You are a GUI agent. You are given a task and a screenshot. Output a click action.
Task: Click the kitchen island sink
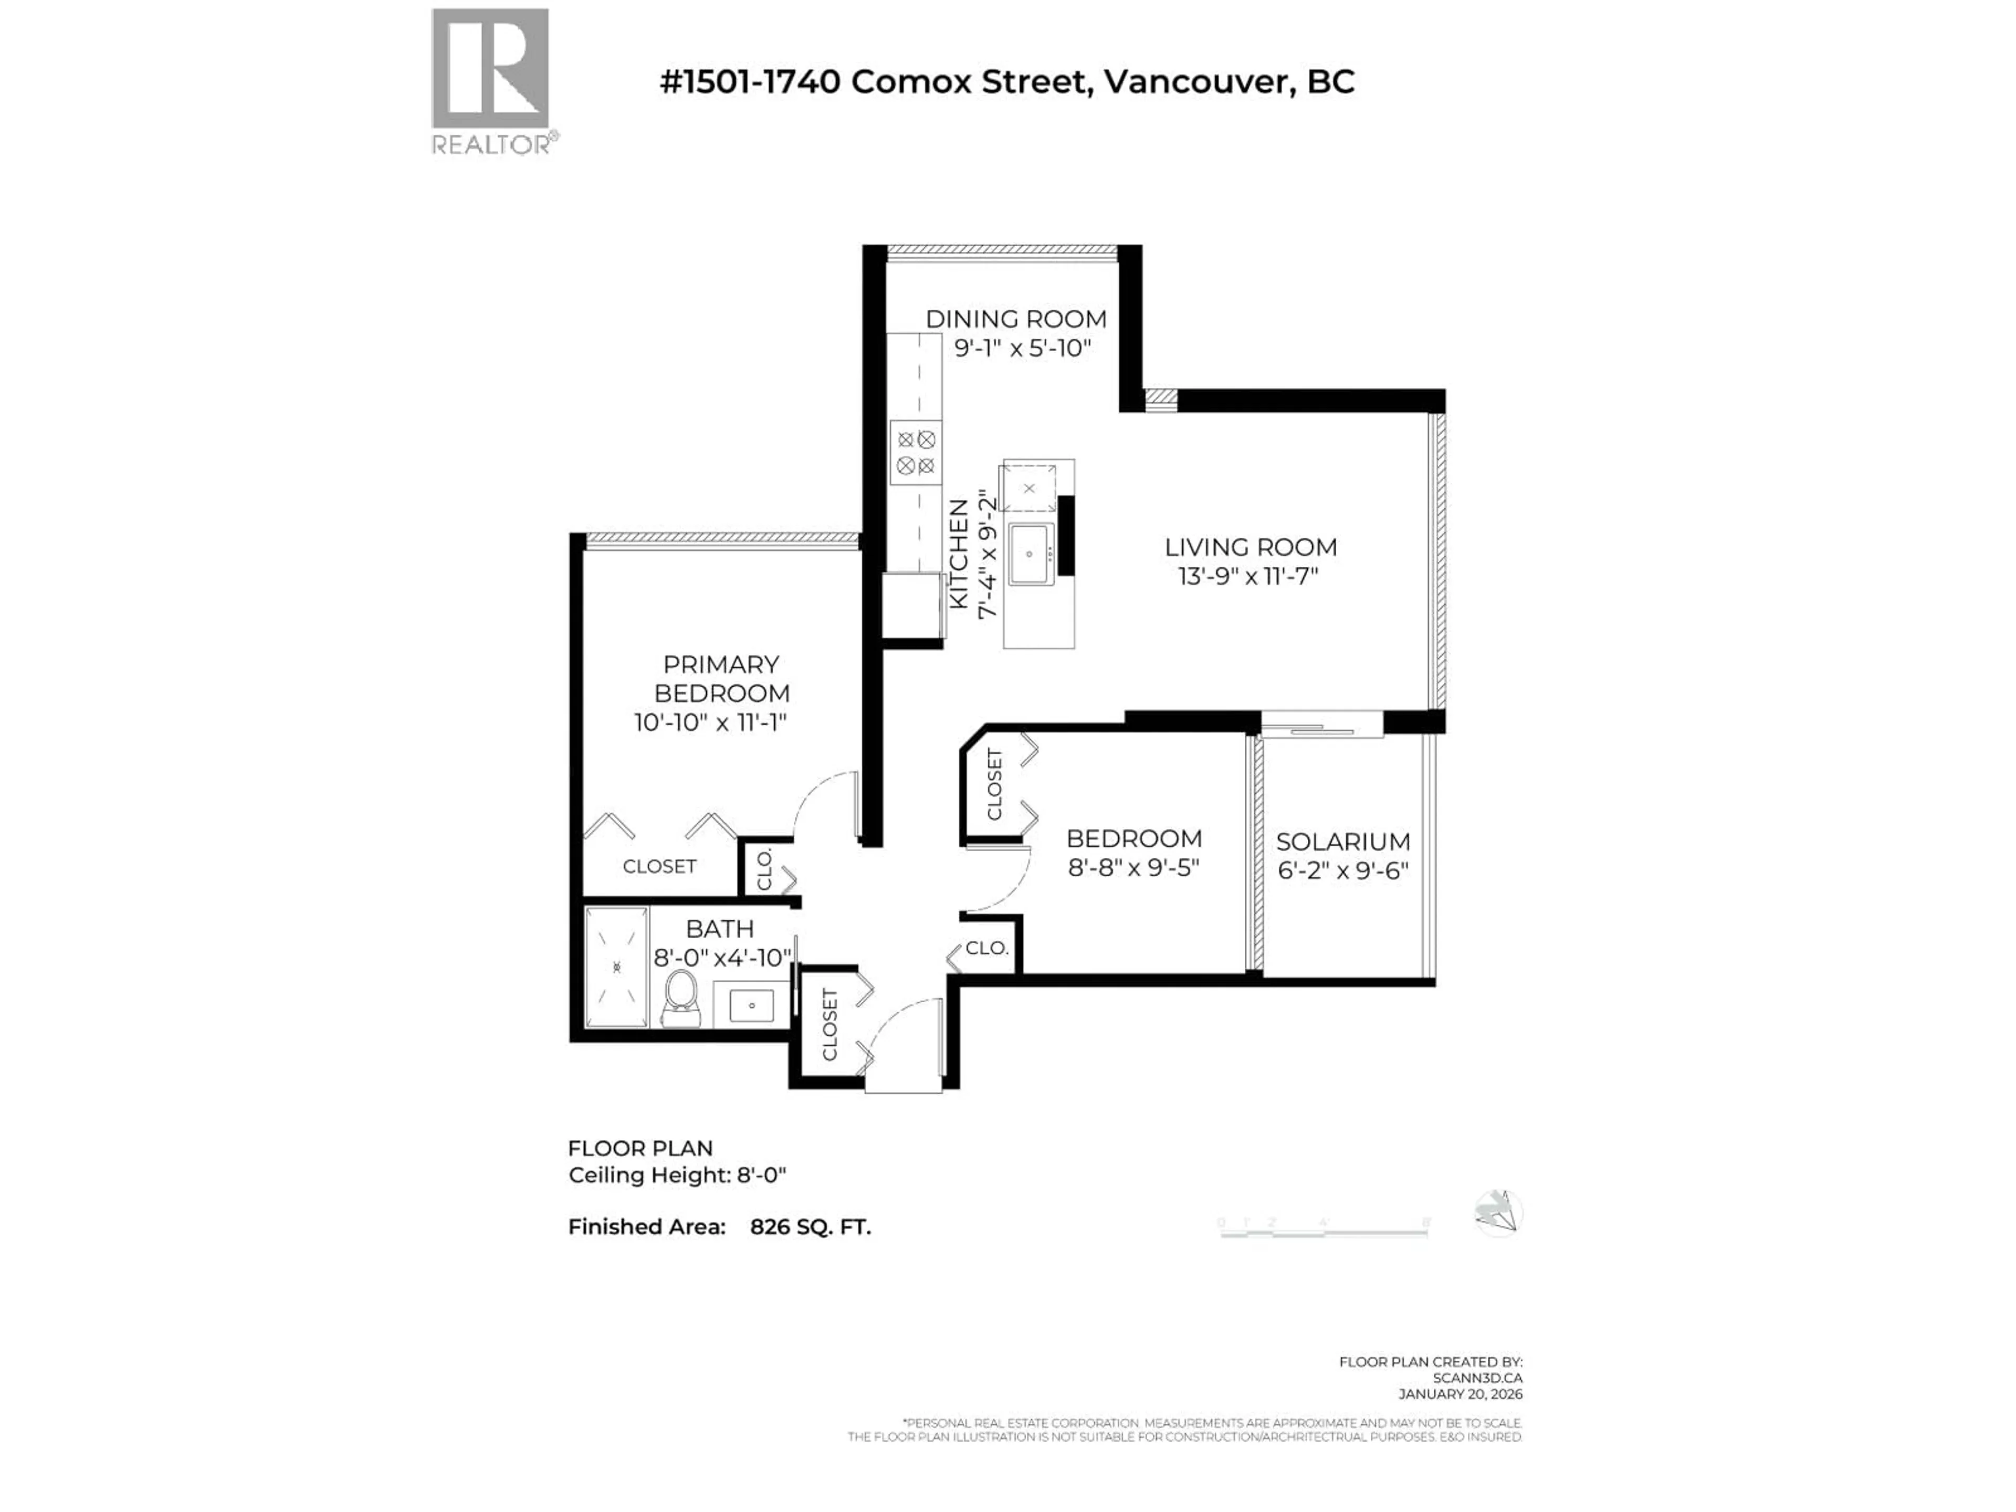coord(1031,554)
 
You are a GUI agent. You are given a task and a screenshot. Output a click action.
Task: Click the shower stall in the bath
coord(617,966)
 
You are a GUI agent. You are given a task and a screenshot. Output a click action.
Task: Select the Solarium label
coord(1342,841)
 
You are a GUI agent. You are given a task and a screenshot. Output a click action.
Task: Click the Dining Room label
coord(1015,319)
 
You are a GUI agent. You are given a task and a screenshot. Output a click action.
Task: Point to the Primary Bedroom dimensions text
coord(710,723)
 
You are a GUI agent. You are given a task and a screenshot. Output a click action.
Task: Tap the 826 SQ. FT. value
coord(810,1227)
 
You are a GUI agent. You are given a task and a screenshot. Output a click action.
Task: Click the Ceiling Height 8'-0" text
coord(676,1175)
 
